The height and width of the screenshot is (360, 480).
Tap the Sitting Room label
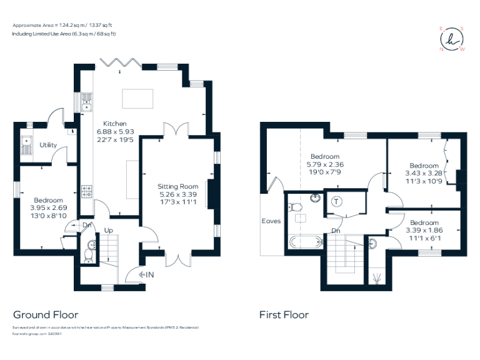coord(178,186)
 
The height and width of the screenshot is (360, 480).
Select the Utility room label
coord(48,145)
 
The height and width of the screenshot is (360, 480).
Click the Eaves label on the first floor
coord(271,221)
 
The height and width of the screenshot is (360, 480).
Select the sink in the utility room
coord(27,146)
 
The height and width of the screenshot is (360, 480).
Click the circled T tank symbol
coord(337,201)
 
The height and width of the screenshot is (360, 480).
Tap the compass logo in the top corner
coord(452,39)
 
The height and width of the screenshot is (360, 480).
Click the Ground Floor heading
coord(46,315)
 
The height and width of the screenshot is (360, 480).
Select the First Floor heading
coord(284,315)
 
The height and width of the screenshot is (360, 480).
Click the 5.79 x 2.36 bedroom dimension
coord(324,164)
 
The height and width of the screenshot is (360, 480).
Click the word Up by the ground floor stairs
coord(109,230)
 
